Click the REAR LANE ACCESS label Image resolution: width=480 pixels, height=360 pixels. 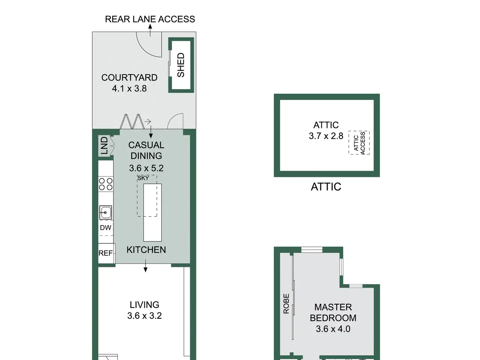click(x=150, y=19)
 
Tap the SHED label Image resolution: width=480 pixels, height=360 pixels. click(x=181, y=65)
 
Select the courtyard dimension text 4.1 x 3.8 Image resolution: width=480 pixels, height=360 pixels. click(x=129, y=88)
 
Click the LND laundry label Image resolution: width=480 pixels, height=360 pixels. click(x=105, y=145)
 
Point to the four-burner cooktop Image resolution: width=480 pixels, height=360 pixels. click(x=106, y=184)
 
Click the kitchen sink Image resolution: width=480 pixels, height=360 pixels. click(x=106, y=213)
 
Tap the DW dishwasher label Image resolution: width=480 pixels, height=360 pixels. click(x=106, y=228)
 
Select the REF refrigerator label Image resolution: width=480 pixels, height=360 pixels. click(x=106, y=253)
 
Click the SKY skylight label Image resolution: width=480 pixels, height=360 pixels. click(x=143, y=178)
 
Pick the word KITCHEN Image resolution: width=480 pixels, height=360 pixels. click(x=146, y=250)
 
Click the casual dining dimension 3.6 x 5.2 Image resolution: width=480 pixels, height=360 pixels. click(x=146, y=168)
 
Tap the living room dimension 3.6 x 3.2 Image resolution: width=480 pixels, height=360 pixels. click(x=144, y=316)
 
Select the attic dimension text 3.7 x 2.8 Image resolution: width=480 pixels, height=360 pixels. click(x=326, y=136)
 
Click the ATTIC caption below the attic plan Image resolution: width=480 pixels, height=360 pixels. click(x=326, y=187)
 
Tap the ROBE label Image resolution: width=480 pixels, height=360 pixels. click(x=286, y=304)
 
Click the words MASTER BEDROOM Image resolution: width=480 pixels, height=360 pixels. click(x=333, y=313)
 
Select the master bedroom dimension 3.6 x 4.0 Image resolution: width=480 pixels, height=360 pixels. click(x=333, y=329)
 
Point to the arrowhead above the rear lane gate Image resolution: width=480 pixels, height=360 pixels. click(x=150, y=27)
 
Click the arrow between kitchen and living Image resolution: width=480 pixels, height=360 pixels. click(x=145, y=266)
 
